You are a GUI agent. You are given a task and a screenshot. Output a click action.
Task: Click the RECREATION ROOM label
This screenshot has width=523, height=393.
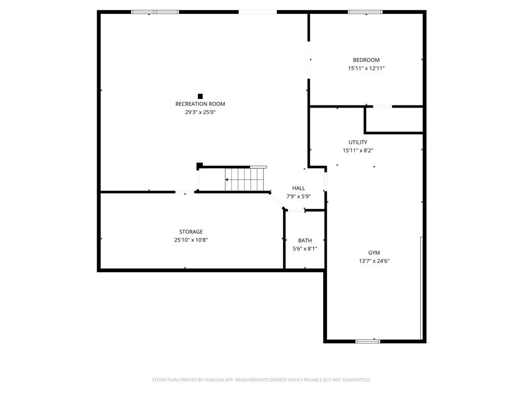(200, 104)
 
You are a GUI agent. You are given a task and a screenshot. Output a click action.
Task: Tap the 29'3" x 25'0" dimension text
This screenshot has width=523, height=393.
(200, 112)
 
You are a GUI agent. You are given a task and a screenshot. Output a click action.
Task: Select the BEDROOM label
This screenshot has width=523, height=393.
(366, 60)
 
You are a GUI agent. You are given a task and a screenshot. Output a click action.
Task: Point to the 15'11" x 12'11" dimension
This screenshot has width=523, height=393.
(366, 69)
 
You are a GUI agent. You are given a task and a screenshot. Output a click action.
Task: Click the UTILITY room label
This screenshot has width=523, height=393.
(358, 142)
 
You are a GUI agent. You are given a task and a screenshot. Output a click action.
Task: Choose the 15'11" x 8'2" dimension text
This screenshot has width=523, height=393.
(358, 151)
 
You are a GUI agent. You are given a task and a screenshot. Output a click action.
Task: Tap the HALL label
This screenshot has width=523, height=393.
(298, 188)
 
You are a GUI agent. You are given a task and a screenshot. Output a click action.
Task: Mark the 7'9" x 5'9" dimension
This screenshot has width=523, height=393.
(298, 196)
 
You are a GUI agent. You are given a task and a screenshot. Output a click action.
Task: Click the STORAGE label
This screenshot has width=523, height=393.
(191, 232)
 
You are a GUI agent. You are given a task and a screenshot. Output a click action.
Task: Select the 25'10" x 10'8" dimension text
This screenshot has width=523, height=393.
(191, 240)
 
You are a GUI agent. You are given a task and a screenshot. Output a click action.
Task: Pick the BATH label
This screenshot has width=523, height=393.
(305, 241)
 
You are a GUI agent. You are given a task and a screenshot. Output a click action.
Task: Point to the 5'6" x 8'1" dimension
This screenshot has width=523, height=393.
(305, 249)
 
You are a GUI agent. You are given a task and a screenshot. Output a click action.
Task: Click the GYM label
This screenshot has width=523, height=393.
(374, 253)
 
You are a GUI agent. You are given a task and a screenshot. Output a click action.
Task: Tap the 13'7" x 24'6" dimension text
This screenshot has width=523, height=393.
(374, 261)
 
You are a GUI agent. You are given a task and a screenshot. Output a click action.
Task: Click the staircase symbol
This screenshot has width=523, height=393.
(245, 180)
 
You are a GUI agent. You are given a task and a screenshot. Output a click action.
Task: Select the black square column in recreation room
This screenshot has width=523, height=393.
(200, 96)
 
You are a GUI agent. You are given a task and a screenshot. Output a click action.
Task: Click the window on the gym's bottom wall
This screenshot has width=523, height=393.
(368, 341)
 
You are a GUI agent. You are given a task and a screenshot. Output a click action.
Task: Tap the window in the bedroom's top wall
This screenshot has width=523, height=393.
(365, 12)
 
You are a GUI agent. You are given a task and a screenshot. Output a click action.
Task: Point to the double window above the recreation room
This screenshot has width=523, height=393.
(155, 12)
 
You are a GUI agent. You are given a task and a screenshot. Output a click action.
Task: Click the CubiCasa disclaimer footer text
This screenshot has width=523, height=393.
(261, 380)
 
